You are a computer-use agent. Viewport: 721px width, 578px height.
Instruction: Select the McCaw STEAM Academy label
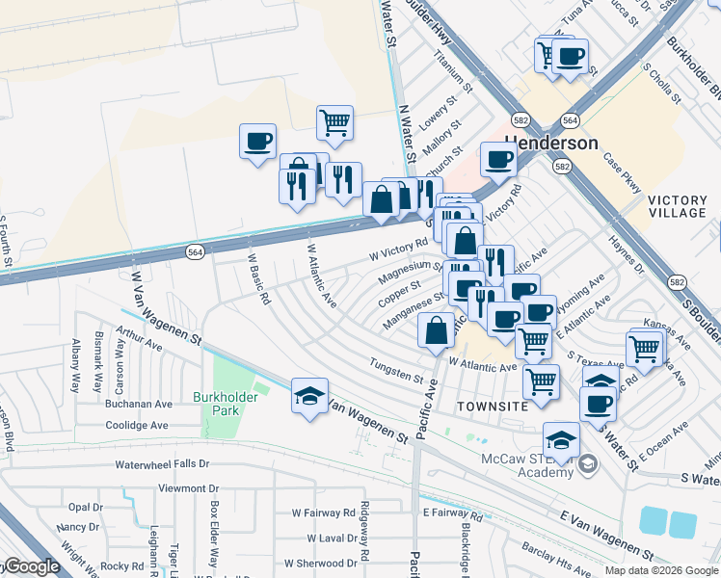tap(527, 463)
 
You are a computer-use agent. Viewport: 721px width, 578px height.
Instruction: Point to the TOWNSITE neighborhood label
tap(492, 407)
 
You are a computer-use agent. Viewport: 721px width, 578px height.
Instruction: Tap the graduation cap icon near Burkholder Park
tap(309, 396)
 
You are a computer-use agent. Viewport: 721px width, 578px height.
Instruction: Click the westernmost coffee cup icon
tap(257, 141)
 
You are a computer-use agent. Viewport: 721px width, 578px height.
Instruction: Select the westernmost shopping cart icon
tap(334, 122)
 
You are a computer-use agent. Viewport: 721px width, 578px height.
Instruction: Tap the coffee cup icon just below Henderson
tap(498, 158)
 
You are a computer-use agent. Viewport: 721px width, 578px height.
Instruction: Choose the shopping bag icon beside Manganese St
tap(437, 329)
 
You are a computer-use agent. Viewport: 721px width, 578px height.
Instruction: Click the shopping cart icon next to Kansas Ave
tap(643, 349)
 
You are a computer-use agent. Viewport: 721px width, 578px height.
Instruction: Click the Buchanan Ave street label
tap(137, 406)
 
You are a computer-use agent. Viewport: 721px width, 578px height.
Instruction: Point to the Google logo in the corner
tap(31, 567)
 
